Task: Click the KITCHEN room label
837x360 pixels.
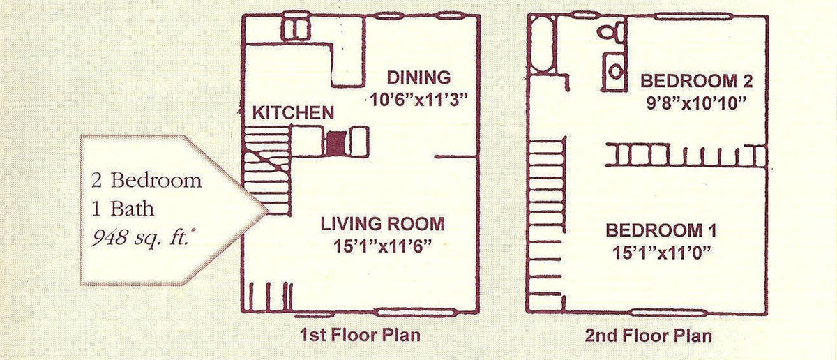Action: (x=294, y=113)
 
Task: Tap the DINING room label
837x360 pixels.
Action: (x=419, y=77)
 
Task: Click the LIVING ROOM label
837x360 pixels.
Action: (x=383, y=224)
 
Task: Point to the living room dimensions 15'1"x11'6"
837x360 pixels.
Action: (x=383, y=246)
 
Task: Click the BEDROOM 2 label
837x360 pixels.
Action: (x=697, y=81)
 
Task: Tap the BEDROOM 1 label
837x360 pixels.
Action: (x=661, y=231)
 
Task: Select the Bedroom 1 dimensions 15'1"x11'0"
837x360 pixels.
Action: (x=661, y=253)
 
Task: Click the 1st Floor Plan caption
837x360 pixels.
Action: (x=360, y=335)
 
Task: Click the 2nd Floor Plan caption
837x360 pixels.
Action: (x=648, y=336)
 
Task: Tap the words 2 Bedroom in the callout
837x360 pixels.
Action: (x=146, y=181)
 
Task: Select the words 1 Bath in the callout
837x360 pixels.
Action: (x=123, y=209)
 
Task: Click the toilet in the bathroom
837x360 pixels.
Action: (x=612, y=31)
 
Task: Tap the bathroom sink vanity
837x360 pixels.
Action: (x=614, y=71)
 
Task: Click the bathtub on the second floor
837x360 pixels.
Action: (x=542, y=45)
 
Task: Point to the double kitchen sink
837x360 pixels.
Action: (x=296, y=29)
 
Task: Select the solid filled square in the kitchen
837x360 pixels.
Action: (x=335, y=144)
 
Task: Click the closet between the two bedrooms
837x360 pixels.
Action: (x=686, y=156)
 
